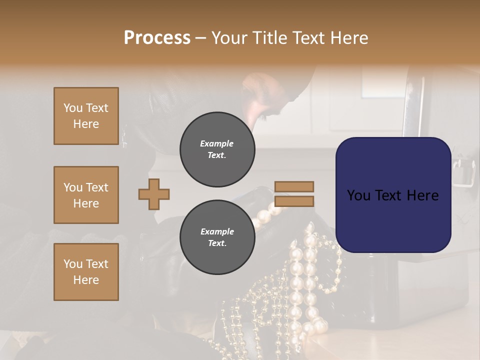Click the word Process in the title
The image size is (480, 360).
(x=157, y=38)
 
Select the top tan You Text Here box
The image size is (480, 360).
(x=86, y=116)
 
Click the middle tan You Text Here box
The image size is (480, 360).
(x=86, y=195)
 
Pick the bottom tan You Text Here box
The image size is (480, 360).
(x=86, y=272)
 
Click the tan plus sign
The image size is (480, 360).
(x=154, y=194)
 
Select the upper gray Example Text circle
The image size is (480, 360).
(x=217, y=149)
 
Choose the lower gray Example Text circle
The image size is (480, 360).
(x=217, y=237)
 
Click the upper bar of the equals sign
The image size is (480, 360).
(x=294, y=186)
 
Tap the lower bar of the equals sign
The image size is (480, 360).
(x=294, y=201)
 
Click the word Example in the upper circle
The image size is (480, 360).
(x=217, y=144)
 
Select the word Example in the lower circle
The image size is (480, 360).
(x=217, y=232)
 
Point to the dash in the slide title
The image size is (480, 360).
(x=201, y=38)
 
